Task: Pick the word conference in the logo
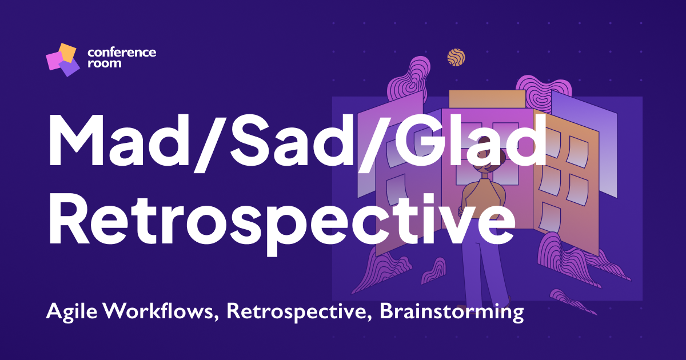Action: (122, 53)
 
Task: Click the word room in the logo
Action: (104, 63)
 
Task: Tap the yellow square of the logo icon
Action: (67, 53)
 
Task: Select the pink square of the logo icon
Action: (55, 61)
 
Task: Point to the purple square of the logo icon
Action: (69, 67)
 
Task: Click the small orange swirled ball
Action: (456, 57)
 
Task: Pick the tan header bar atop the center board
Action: (486, 98)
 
